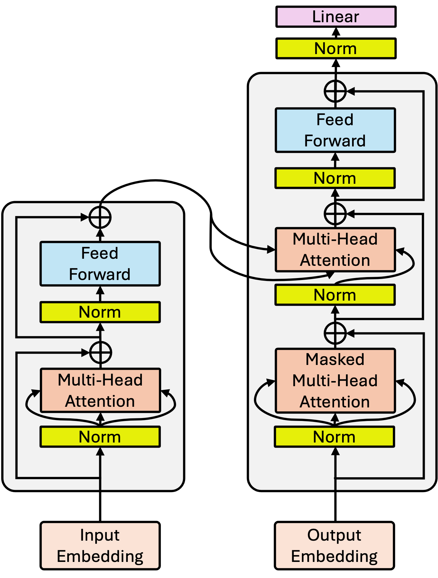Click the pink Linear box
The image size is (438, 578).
coord(336,17)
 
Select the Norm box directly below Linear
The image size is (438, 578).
coord(336,49)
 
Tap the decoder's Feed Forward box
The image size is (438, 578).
coord(335,130)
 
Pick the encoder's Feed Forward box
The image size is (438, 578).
coord(100,264)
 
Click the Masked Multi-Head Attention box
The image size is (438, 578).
coord(335,381)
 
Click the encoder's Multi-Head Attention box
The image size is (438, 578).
coord(100,390)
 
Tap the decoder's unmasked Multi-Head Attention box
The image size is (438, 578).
coord(335,250)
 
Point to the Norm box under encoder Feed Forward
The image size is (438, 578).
coord(100,312)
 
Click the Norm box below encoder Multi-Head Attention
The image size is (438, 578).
coord(100,437)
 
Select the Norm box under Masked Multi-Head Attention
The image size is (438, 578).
coord(335,437)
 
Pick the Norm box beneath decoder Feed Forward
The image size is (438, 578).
coord(335,178)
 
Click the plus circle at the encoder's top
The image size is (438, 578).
coord(100,218)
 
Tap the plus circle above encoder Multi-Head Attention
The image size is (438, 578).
coord(100,353)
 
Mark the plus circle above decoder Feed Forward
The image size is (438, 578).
coord(335,91)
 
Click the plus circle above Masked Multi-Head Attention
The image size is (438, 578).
coord(335,333)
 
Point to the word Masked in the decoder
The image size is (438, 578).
coord(335,359)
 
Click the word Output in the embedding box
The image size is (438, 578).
coord(334,536)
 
